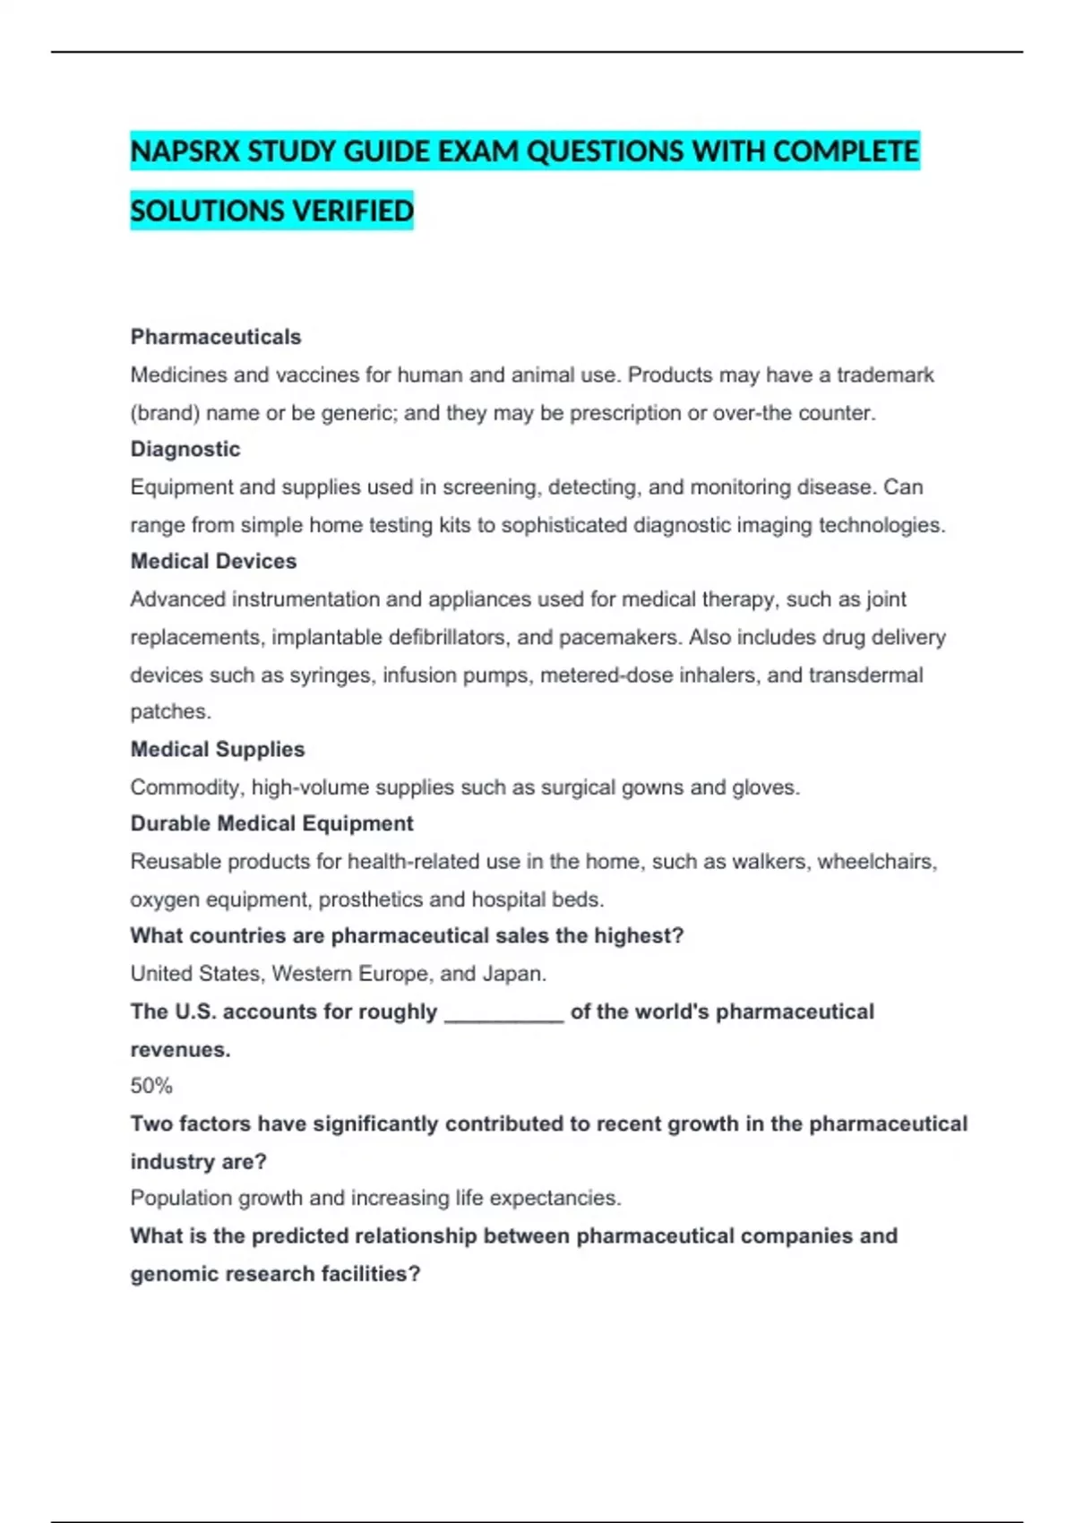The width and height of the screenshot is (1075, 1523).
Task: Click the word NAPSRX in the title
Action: click(x=185, y=151)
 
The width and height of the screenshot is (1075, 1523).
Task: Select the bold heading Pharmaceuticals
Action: click(x=216, y=337)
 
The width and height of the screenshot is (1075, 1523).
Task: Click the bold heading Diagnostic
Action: click(x=185, y=449)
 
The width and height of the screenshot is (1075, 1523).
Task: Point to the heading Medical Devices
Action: click(x=213, y=561)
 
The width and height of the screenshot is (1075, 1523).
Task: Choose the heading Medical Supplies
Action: click(x=218, y=749)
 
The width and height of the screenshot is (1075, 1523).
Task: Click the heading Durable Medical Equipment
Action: click(x=271, y=823)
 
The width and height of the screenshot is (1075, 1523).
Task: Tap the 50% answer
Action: click(x=151, y=1086)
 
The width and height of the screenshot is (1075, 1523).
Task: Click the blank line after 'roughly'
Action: click(x=504, y=1013)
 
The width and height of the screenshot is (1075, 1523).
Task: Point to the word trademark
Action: click(x=885, y=374)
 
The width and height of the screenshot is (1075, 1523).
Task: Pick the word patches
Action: click(x=170, y=711)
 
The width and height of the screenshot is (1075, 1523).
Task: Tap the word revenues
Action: click(x=180, y=1050)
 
